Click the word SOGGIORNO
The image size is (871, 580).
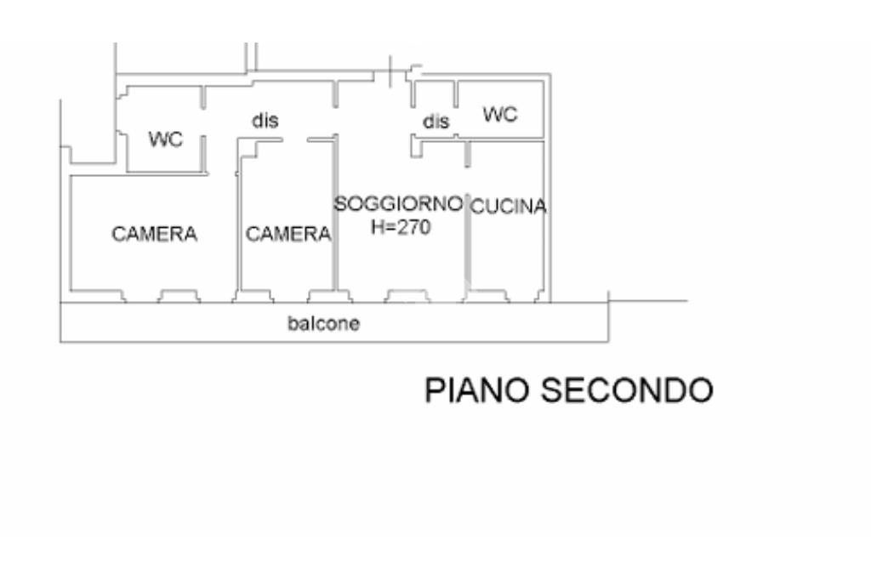tap(398, 204)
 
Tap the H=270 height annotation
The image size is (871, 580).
tap(401, 227)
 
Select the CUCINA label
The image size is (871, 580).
tap(509, 207)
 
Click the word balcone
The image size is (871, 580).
tap(323, 323)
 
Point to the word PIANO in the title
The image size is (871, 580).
tap(477, 390)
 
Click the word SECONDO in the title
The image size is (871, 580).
tap(627, 390)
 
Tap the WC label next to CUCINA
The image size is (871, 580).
tap(500, 115)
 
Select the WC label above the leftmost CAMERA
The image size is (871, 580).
tap(166, 139)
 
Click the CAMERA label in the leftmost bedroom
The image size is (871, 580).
tap(155, 234)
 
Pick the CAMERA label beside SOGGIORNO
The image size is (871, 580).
tap(288, 234)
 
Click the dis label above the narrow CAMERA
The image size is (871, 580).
tap(265, 121)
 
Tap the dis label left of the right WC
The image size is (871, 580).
tap(435, 121)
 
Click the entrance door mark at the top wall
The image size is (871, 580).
tap(390, 71)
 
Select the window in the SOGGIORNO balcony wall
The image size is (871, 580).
tap(407, 296)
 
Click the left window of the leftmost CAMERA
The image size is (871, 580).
tap(97, 296)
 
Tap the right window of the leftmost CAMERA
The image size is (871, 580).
tap(179, 296)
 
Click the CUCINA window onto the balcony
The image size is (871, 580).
tap(487, 296)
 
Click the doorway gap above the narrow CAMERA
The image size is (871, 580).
tap(294, 139)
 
